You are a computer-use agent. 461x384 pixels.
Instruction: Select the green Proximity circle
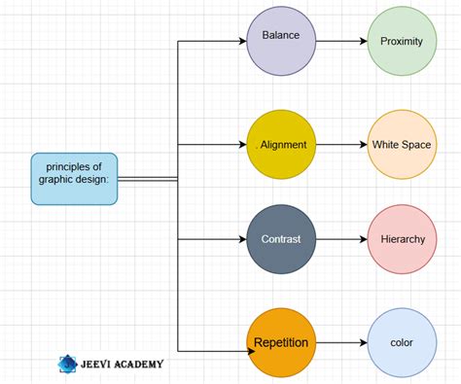(x=402, y=42)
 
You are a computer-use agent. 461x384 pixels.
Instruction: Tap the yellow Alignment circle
(x=281, y=145)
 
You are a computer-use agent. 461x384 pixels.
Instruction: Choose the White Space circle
(x=402, y=145)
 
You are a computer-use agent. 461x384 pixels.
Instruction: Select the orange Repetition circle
(x=281, y=342)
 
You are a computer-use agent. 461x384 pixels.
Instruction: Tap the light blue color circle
(x=402, y=342)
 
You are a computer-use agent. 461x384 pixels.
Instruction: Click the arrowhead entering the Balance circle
(x=242, y=42)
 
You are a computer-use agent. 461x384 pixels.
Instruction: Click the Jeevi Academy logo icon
(x=67, y=364)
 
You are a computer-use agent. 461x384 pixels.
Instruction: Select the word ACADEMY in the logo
(x=137, y=364)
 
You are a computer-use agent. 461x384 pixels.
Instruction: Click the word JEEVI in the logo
(x=95, y=364)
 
